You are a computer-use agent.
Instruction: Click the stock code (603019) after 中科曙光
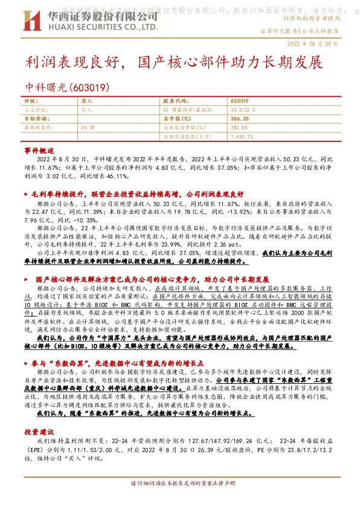pyautogui.click(x=85, y=87)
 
